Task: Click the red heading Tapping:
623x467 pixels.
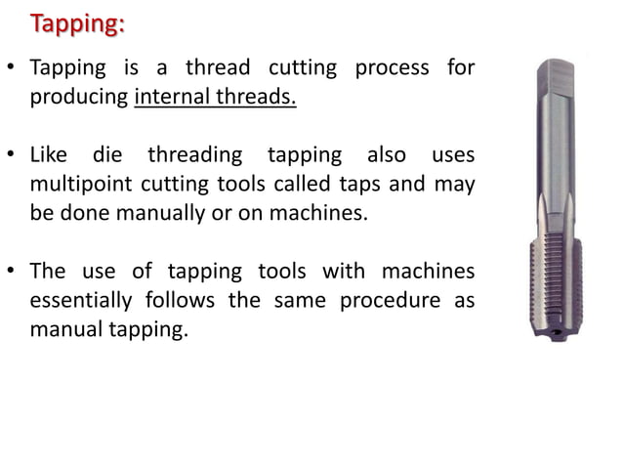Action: [x=77, y=23]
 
